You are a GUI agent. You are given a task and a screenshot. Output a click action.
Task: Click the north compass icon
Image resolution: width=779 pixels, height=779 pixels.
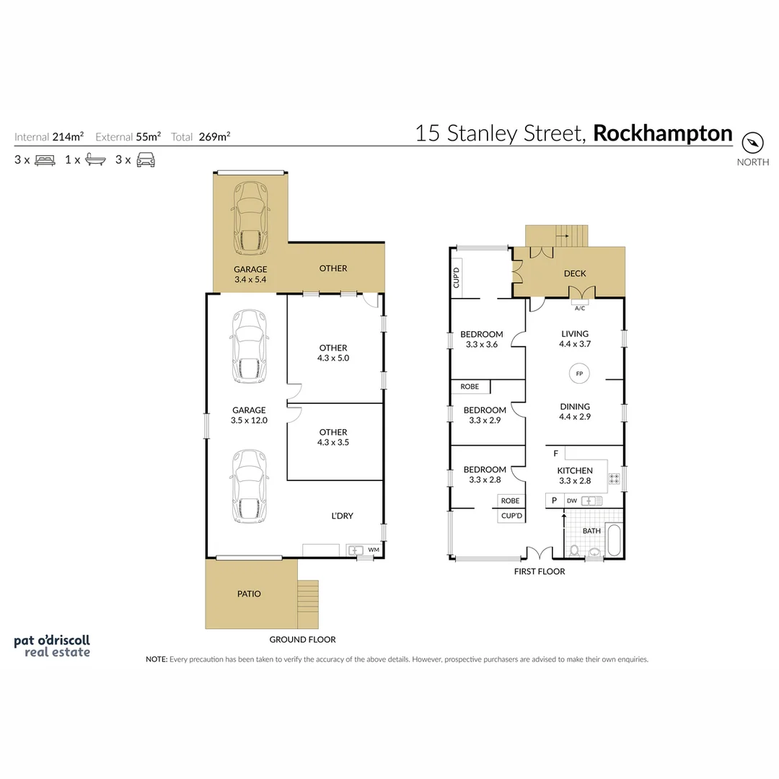(x=752, y=142)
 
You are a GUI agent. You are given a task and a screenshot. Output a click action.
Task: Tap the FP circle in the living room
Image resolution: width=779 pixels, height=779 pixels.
(x=578, y=374)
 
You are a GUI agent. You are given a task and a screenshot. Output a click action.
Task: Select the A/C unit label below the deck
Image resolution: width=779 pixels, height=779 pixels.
(x=579, y=308)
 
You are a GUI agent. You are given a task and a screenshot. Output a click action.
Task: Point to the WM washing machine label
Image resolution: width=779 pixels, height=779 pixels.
(x=373, y=550)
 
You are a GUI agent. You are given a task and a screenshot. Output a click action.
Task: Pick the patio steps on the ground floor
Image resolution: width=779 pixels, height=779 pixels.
(x=307, y=603)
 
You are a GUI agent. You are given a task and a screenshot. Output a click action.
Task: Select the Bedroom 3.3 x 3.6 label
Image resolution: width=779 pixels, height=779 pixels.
(x=481, y=339)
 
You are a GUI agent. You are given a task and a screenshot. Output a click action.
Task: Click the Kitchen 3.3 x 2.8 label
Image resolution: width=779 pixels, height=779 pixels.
(x=575, y=475)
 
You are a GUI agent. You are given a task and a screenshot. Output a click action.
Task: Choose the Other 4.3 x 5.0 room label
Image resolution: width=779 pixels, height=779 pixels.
(x=333, y=353)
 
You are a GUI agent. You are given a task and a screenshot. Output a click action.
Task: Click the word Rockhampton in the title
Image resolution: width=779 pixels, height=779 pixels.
(x=662, y=133)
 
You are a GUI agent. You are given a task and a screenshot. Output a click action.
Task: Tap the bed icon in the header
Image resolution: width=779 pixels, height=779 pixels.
(x=45, y=160)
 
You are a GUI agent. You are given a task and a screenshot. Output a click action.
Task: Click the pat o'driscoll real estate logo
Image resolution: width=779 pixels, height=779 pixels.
(x=53, y=646)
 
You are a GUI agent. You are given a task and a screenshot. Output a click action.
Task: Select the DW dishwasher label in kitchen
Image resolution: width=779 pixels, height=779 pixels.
(x=572, y=501)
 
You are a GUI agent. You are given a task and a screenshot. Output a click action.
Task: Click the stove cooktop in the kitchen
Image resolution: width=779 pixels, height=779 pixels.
(x=615, y=478)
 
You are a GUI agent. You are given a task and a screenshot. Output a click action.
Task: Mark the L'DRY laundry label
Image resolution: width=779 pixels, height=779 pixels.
(x=342, y=516)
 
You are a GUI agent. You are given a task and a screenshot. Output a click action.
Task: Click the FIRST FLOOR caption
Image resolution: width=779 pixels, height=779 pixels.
(x=538, y=572)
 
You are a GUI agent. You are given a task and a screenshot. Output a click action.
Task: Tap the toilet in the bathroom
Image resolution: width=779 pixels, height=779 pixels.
(x=574, y=551)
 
